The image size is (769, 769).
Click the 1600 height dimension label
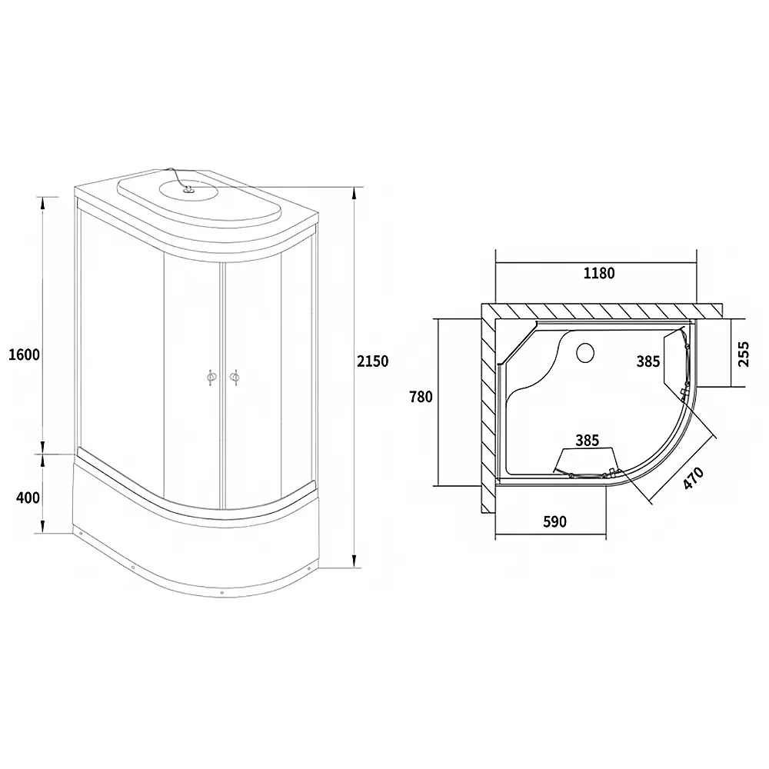[x=24, y=354]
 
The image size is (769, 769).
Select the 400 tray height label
[x=28, y=498]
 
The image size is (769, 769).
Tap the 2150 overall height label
[x=373, y=361]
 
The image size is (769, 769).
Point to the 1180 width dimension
[x=599, y=273]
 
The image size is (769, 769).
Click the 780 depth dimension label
[x=421, y=396]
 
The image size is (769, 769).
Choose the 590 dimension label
[x=554, y=521]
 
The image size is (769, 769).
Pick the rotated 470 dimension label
[x=694, y=478]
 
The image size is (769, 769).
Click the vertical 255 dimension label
[x=744, y=354]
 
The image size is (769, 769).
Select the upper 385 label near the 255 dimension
[x=648, y=361]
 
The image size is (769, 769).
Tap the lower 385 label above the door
[x=587, y=441]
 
